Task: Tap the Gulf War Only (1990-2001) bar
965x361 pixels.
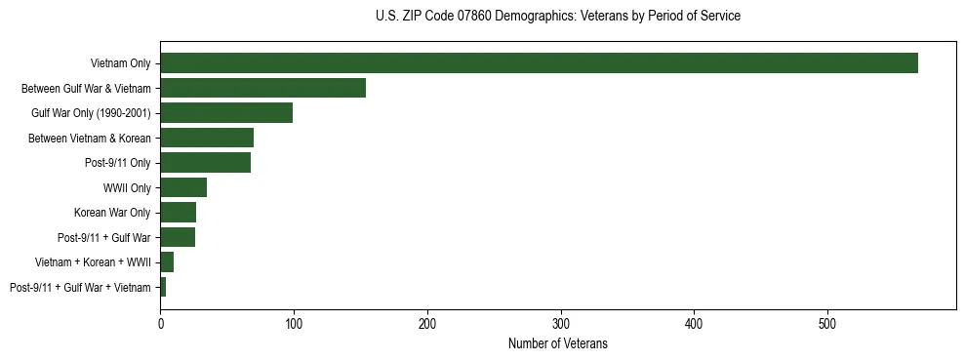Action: click(x=226, y=113)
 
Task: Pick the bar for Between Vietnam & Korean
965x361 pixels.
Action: click(x=207, y=138)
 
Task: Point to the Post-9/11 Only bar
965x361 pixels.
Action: click(x=205, y=163)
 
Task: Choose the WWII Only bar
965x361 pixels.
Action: click(x=183, y=187)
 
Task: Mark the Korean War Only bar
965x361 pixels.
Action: click(x=178, y=213)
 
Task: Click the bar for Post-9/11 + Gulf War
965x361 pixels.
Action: click(x=178, y=237)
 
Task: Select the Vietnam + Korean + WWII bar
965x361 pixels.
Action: click(x=167, y=262)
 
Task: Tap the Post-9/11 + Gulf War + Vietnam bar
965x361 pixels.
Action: click(x=163, y=287)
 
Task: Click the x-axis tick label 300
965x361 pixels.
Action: click(x=561, y=322)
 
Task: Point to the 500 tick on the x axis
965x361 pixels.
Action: click(x=827, y=322)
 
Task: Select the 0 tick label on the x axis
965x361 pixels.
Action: click(x=160, y=322)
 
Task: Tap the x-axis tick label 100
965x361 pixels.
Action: click(x=294, y=322)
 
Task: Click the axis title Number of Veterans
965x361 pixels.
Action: click(x=558, y=343)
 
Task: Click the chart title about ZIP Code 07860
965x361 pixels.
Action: click(x=558, y=17)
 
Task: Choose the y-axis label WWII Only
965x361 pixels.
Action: click(x=127, y=187)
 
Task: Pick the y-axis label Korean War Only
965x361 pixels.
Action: click(x=112, y=213)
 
